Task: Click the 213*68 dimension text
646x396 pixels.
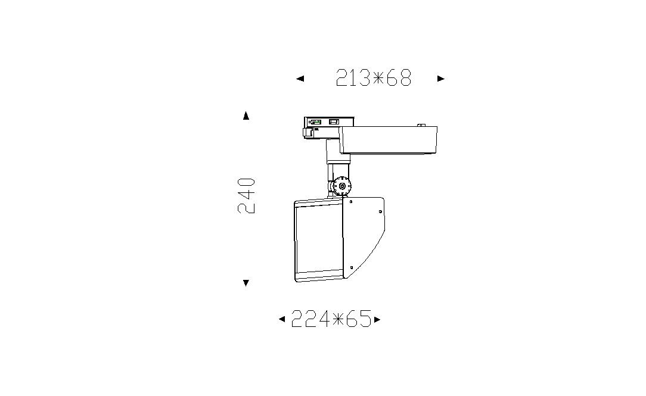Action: tap(374, 78)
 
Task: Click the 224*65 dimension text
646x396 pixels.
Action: tap(331, 319)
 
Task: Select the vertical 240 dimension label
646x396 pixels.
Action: tap(246, 195)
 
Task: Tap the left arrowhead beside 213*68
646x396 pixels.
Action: tap(300, 78)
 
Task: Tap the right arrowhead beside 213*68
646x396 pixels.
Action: tap(441, 78)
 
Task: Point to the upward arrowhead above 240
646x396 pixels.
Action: tap(246, 116)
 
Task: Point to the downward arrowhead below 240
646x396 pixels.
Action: tap(246, 283)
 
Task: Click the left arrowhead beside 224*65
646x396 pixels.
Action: tap(282, 319)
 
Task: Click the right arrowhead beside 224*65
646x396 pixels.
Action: tap(377, 319)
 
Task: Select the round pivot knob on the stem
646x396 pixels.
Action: tap(342, 186)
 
